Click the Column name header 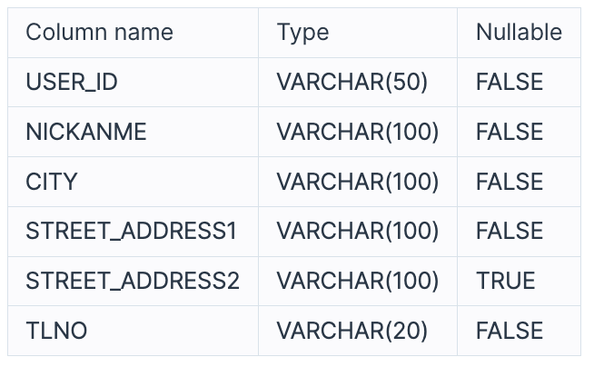[x=99, y=34]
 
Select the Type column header [x=303, y=34]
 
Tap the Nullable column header [x=519, y=34]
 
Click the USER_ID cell [x=72, y=83]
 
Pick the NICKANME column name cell [x=86, y=133]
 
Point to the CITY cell [x=52, y=182]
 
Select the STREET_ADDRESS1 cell [x=132, y=232]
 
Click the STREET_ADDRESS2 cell [x=133, y=281]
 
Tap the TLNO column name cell [x=56, y=331]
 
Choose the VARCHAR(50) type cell [x=352, y=83]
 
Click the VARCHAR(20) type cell [x=352, y=331]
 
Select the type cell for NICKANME [x=358, y=133]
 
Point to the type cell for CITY [x=358, y=182]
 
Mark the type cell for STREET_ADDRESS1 [x=358, y=232]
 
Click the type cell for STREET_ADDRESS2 [x=358, y=281]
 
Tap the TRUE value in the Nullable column [x=506, y=281]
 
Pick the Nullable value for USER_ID [x=510, y=83]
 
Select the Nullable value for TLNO [x=510, y=331]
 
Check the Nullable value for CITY [x=510, y=182]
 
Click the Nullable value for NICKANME [x=510, y=133]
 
